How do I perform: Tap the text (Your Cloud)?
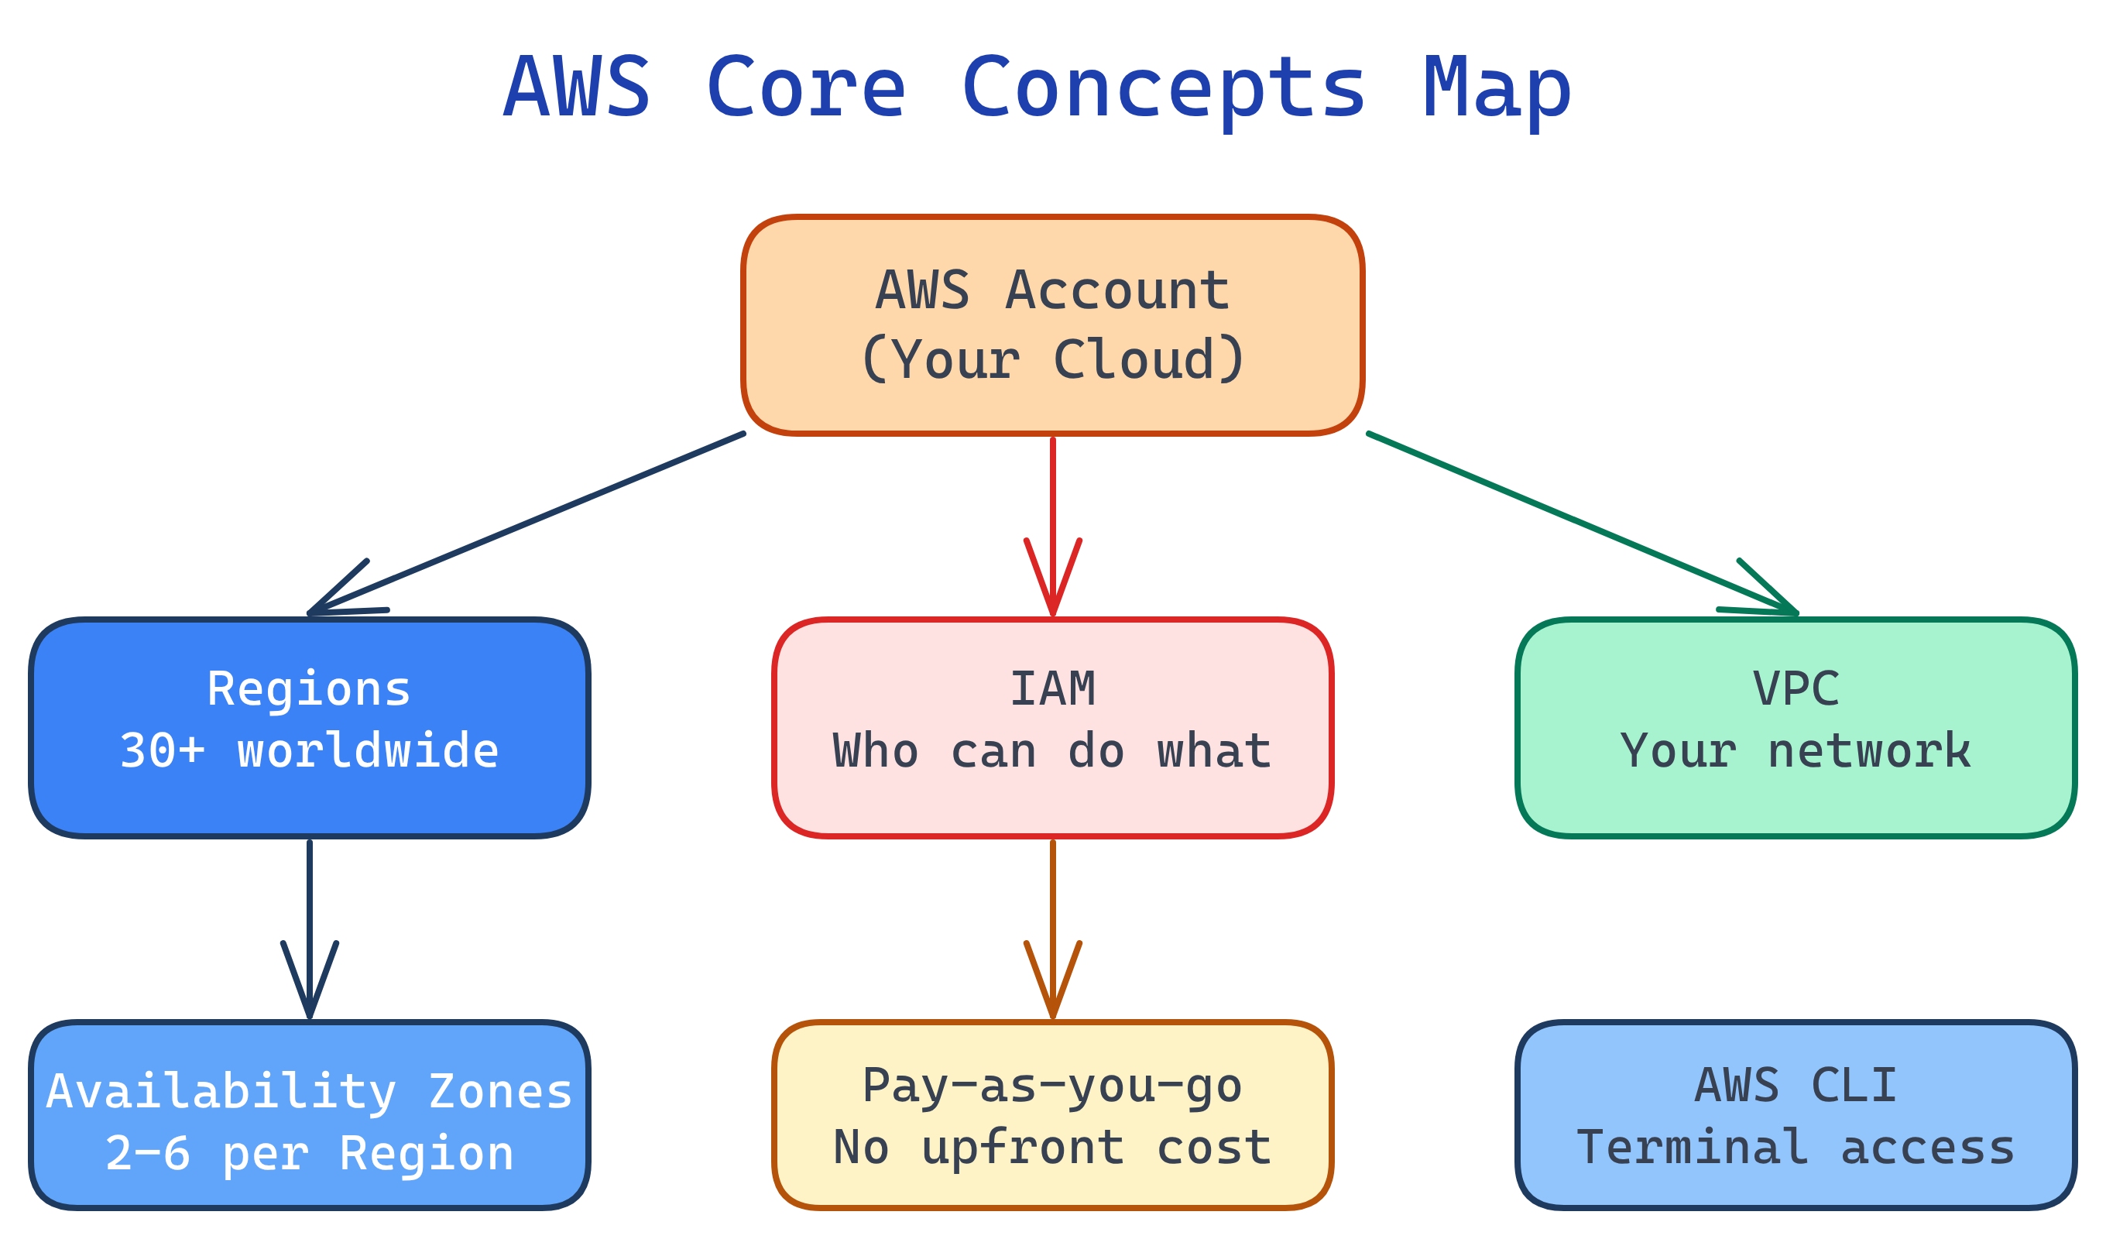pyautogui.click(x=1053, y=359)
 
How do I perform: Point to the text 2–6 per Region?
pyautogui.click(x=309, y=1153)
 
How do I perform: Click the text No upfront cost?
pyautogui.click(x=1053, y=1147)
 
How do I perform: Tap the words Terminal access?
pyautogui.click(x=1796, y=1147)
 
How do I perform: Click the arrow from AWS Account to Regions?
pyautogui.click(x=526, y=523)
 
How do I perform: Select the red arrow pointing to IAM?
pyautogui.click(x=1053, y=518)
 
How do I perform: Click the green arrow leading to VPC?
pyautogui.click(x=1579, y=523)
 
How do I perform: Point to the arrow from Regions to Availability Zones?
pyautogui.click(x=309, y=920)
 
